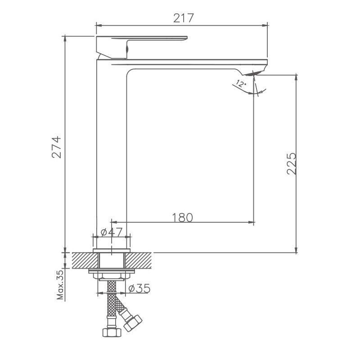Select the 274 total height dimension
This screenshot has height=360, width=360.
pyautogui.click(x=57, y=147)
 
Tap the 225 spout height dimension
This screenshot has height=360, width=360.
pyautogui.click(x=291, y=163)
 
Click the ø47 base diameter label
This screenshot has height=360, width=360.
pyautogui.click(x=111, y=232)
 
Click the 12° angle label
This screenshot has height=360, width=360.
pyautogui.click(x=241, y=84)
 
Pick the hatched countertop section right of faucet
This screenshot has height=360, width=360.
pyautogui.click(x=140, y=261)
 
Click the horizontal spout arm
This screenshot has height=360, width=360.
pyautogui.click(x=189, y=63)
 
